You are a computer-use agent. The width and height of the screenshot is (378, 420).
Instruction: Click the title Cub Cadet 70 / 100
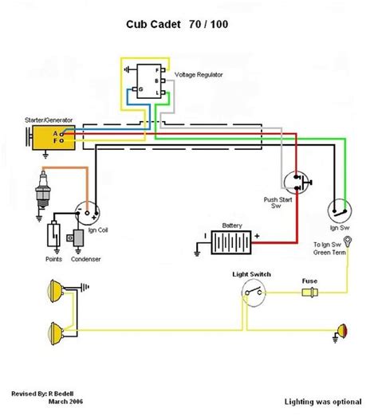(177, 25)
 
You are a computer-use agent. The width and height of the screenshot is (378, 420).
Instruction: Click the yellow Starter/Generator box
(53, 138)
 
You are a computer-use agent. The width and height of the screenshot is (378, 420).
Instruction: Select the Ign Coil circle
(87, 214)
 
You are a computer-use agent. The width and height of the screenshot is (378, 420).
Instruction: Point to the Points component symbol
(53, 234)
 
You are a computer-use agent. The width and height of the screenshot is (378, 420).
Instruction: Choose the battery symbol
(231, 242)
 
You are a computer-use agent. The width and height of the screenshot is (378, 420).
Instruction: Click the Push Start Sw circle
(296, 183)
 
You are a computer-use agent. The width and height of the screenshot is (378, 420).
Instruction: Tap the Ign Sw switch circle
(340, 210)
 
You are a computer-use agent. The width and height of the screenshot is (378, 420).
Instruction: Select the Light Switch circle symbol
(254, 292)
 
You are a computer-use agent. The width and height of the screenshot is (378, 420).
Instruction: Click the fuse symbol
(310, 292)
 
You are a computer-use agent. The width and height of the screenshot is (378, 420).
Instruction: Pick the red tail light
(342, 331)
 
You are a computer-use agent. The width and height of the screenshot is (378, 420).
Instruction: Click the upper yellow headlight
(56, 291)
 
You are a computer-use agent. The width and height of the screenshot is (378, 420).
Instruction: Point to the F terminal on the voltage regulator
(163, 70)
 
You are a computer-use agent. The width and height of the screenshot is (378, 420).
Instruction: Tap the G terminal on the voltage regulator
(135, 89)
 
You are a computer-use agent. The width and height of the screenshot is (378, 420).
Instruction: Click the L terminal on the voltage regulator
(163, 92)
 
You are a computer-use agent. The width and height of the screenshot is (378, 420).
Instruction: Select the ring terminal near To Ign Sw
(348, 241)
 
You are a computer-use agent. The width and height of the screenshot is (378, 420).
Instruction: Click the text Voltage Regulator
(199, 75)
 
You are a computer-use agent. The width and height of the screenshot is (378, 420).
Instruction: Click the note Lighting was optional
(323, 402)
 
